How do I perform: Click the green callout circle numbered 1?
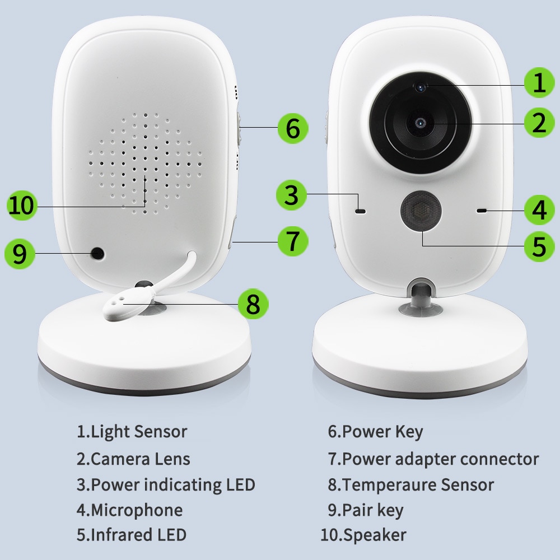[539, 83]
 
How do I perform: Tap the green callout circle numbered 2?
[539, 123]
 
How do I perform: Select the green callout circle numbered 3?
[291, 195]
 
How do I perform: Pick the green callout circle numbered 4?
[539, 210]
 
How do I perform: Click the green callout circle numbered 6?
[293, 128]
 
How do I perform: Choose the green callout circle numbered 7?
[293, 241]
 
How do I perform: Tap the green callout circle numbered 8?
[253, 304]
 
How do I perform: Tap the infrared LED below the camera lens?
[419, 211]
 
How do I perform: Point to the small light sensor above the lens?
[420, 86]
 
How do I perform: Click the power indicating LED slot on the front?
[360, 212]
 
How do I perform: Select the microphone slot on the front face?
[481, 211]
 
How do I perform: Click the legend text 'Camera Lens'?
[140, 459]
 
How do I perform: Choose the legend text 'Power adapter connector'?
[440, 459]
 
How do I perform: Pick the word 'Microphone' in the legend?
[136, 510]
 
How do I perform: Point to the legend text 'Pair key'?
[372, 510]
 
